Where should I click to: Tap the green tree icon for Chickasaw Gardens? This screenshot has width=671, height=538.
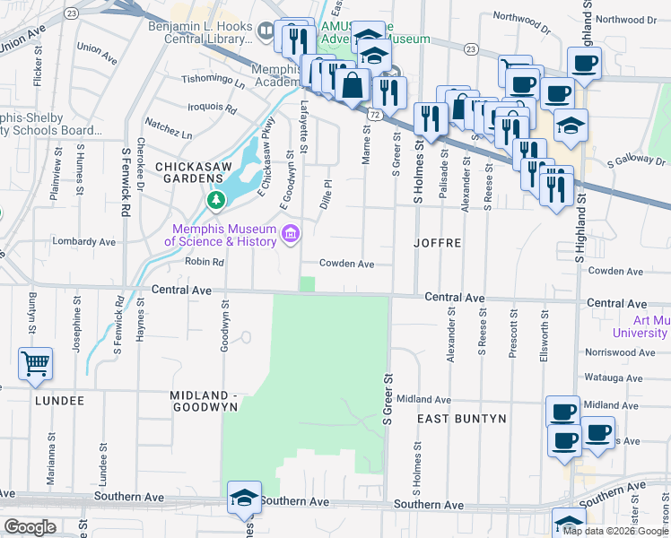(215, 200)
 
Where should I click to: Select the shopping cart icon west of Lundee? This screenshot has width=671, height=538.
(35, 363)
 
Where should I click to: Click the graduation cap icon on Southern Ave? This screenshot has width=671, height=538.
(243, 498)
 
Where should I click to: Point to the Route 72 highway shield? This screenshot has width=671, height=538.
(375, 115)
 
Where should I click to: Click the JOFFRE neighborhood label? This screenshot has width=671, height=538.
(438, 243)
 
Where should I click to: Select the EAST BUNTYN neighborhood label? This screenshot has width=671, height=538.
(462, 419)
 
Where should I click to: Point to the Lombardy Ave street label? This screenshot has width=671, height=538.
(84, 242)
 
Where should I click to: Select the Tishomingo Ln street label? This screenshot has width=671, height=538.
(214, 81)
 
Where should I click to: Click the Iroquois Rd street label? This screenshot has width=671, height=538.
(212, 109)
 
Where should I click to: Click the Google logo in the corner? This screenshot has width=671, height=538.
(30, 527)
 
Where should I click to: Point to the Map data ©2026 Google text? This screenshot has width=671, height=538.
(615, 531)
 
